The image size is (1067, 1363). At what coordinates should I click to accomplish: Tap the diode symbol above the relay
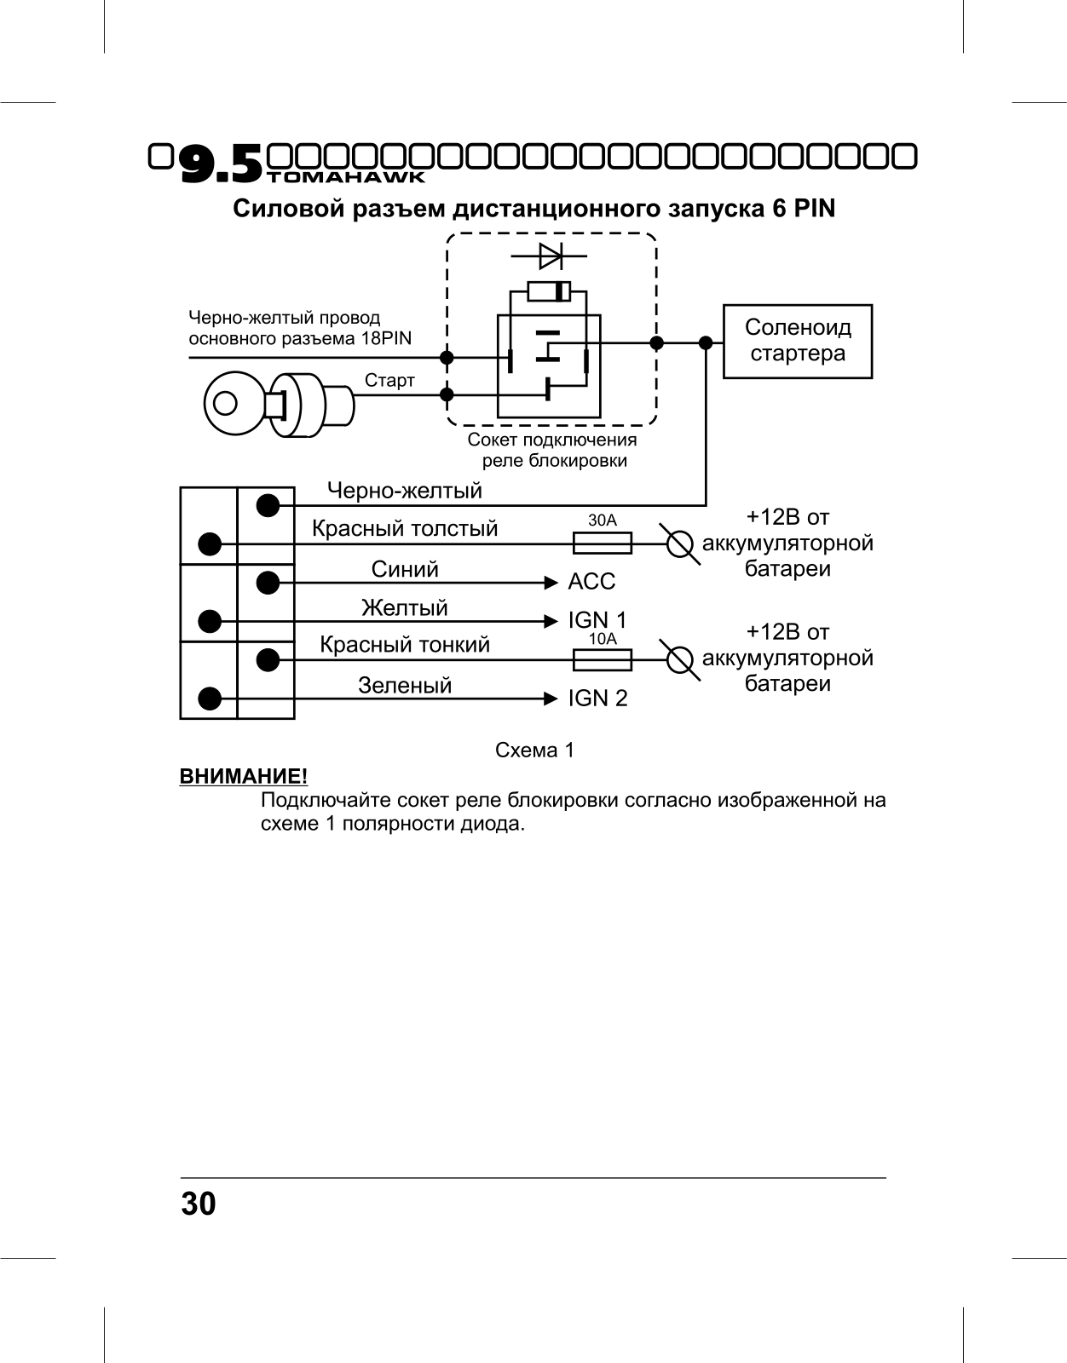tap(549, 256)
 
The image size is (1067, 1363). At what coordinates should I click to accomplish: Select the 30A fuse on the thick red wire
tap(603, 543)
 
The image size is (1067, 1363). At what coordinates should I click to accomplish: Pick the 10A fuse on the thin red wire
tap(603, 660)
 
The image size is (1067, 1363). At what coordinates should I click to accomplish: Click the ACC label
tap(591, 582)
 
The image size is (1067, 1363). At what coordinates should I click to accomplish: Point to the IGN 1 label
tap(597, 620)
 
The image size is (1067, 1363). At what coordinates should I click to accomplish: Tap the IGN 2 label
tap(597, 699)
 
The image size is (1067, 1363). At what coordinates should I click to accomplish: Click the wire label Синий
tap(405, 569)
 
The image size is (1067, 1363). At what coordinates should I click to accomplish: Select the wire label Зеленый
tap(405, 685)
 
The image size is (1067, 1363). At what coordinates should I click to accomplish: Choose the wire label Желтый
tap(405, 607)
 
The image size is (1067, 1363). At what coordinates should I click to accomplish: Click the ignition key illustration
tap(280, 404)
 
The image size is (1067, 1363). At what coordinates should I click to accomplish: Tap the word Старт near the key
tap(389, 381)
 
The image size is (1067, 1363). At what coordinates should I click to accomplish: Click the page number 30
tap(199, 1204)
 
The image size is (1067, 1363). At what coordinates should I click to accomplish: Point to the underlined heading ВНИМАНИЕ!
tap(244, 777)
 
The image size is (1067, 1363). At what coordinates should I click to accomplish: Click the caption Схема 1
tap(534, 751)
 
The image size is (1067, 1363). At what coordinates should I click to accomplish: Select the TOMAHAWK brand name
tap(346, 177)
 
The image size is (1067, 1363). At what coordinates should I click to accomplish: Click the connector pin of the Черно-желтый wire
tap(268, 505)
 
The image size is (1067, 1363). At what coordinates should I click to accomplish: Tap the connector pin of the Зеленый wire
tap(210, 699)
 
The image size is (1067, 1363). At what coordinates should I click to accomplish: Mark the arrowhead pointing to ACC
tap(551, 583)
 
